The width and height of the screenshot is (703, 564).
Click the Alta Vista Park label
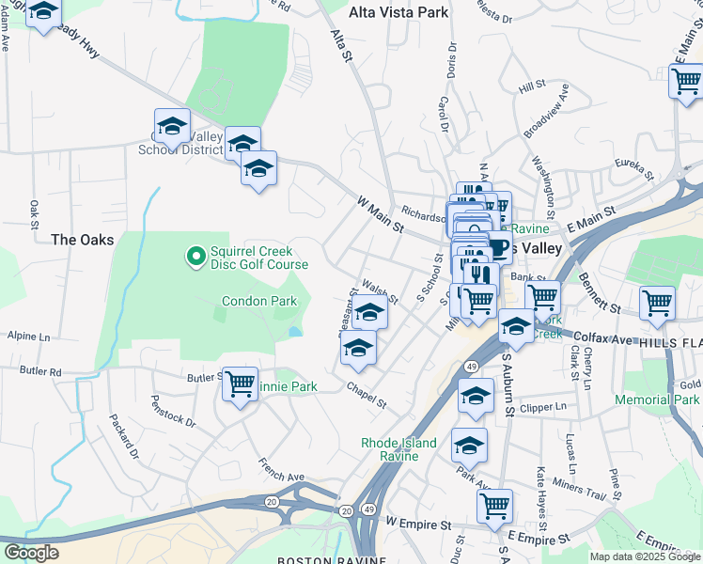pyautogui.click(x=398, y=13)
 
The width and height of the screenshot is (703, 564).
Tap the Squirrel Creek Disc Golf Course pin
pyautogui.click(x=195, y=256)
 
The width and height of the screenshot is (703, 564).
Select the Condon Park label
pyautogui.click(x=259, y=302)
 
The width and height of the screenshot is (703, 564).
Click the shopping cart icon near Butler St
pyautogui.click(x=241, y=384)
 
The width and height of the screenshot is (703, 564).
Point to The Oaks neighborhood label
pyautogui.click(x=83, y=240)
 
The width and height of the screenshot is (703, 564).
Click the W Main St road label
pyautogui.click(x=381, y=215)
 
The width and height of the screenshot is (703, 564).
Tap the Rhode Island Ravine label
pyautogui.click(x=399, y=449)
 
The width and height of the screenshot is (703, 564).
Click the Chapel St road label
pyautogui.click(x=367, y=395)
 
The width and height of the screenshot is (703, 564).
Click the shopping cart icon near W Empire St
pyautogui.click(x=494, y=506)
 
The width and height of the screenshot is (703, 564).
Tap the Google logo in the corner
pyautogui.click(x=32, y=553)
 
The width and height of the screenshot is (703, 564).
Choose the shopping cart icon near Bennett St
pyautogui.click(x=657, y=303)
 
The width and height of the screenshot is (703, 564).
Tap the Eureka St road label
pyautogui.click(x=634, y=167)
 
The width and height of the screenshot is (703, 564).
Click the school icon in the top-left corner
pyautogui.click(x=43, y=12)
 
